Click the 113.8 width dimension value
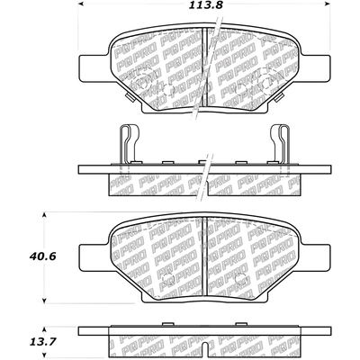coord(206,5)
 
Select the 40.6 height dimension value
coord(43,256)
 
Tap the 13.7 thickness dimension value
coord(43,341)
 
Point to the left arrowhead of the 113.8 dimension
coord(81,4)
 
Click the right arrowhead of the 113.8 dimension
coord(328,4)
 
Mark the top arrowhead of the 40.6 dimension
coord(44,215)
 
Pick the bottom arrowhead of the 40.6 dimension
coord(44,301)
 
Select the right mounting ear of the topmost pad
coord(316,67)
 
